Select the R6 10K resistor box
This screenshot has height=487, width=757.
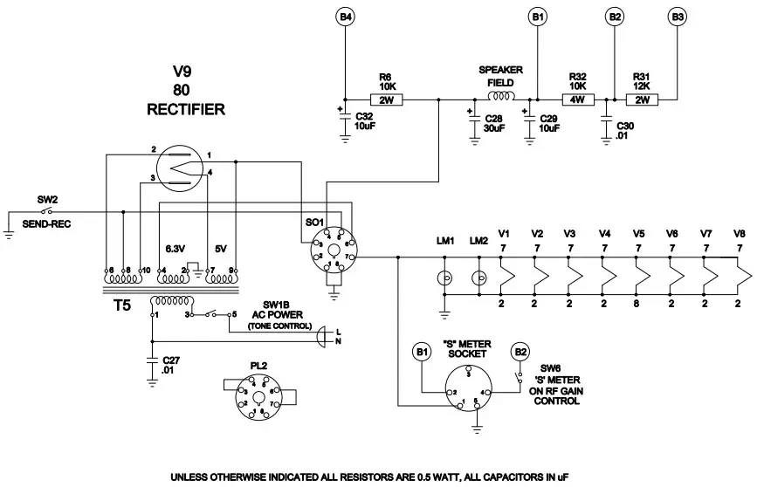(x=388, y=99)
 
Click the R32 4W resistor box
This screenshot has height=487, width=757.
(x=576, y=99)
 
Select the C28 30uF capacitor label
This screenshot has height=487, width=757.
(x=493, y=122)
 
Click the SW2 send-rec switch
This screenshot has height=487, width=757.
(x=49, y=211)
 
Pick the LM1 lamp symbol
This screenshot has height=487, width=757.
(x=444, y=280)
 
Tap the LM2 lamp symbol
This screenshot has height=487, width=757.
(x=478, y=280)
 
